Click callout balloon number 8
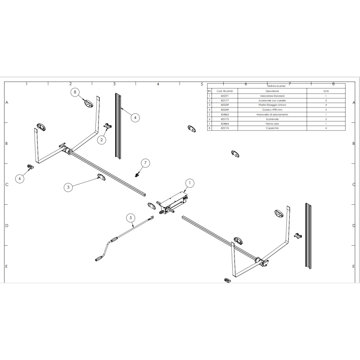76,92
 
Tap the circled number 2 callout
102,140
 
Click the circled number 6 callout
19,179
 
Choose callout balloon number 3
68,187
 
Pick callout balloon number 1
189,183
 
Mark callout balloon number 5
131,218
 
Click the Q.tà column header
326,91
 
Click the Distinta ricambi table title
276,85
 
